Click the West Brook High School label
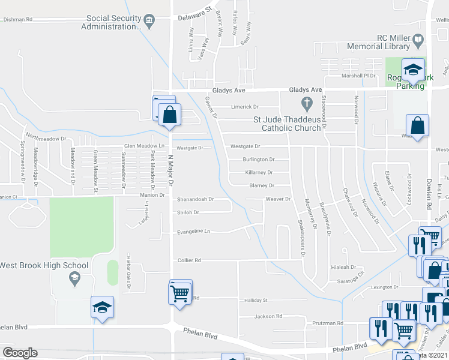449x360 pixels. tap(44, 265)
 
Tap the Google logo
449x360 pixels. tap(20, 352)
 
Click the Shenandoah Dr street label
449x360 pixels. tap(195, 199)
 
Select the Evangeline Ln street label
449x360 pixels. tap(193, 232)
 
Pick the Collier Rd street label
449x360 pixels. tap(188, 260)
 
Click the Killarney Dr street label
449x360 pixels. tap(259, 172)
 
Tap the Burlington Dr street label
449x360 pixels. tap(258, 160)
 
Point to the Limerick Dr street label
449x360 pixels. tap(245, 107)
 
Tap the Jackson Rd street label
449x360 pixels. tap(268, 316)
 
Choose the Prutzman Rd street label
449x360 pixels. tap(331, 323)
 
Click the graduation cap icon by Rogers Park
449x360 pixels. tap(413, 71)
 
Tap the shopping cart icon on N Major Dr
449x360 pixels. tap(181, 293)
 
